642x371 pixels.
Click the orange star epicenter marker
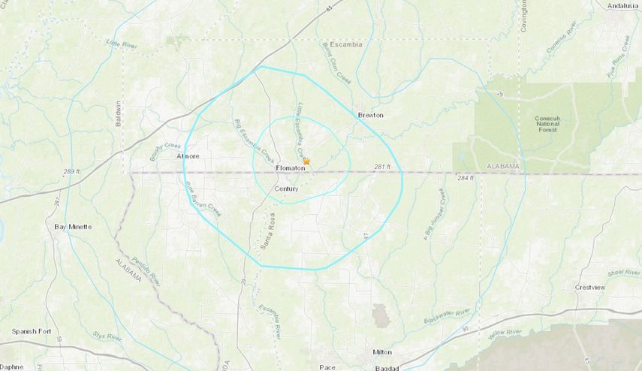tap(306, 161)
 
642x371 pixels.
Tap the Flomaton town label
tap(290, 167)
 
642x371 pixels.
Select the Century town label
tap(286, 189)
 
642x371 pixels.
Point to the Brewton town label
tap(370, 115)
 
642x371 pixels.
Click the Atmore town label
tap(185, 157)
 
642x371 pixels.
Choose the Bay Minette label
tap(74, 225)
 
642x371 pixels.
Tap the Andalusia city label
tap(622, 5)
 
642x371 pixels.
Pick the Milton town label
tap(382, 351)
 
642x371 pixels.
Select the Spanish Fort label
tap(31, 331)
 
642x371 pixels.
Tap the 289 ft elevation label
tap(72, 172)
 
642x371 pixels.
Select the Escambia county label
tap(345, 44)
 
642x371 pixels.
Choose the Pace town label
tap(327, 366)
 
